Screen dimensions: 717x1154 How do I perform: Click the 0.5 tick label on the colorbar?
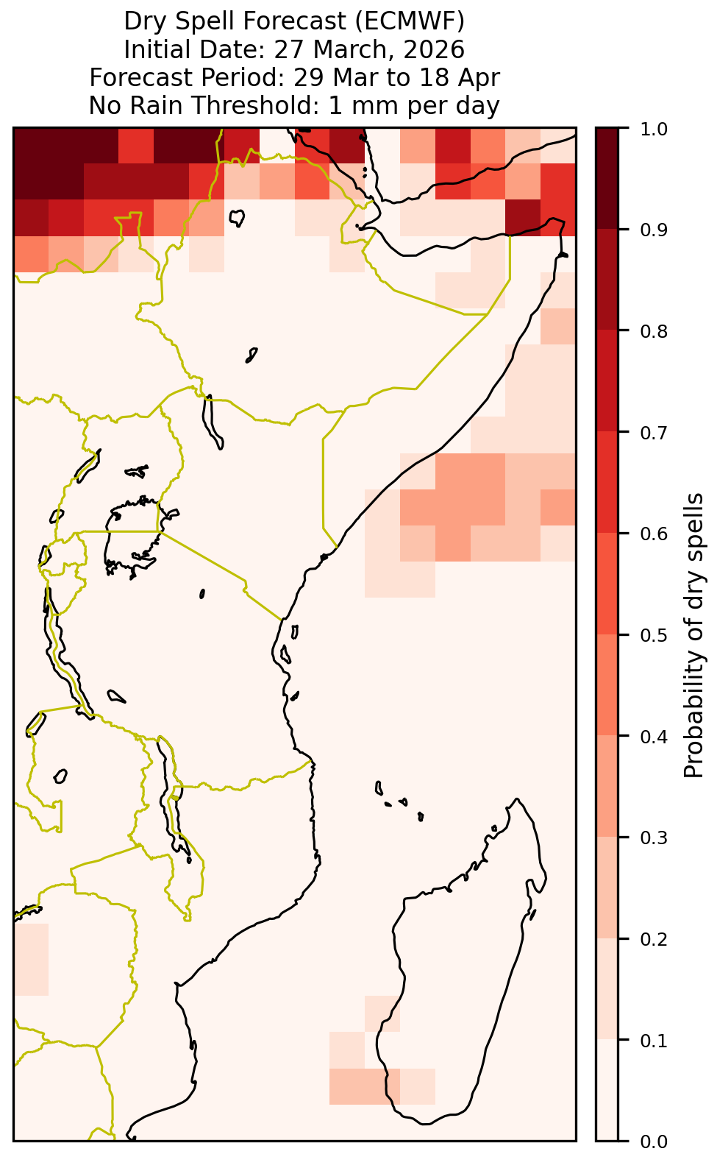click(x=653, y=635)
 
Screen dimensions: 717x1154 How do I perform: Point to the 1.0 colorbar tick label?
click(x=653, y=129)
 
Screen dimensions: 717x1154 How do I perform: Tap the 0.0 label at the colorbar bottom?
click(x=653, y=1141)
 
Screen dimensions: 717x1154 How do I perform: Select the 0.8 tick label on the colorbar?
click(x=653, y=331)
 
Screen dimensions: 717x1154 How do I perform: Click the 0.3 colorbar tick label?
click(x=653, y=838)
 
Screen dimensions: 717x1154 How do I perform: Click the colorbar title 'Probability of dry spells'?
click(x=693, y=635)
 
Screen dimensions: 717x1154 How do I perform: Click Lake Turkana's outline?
click(x=212, y=422)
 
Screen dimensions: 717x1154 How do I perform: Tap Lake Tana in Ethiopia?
click(x=237, y=217)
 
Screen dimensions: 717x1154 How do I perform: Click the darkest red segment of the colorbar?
click(x=607, y=178)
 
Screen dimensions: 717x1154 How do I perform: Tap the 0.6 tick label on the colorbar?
click(x=653, y=534)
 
